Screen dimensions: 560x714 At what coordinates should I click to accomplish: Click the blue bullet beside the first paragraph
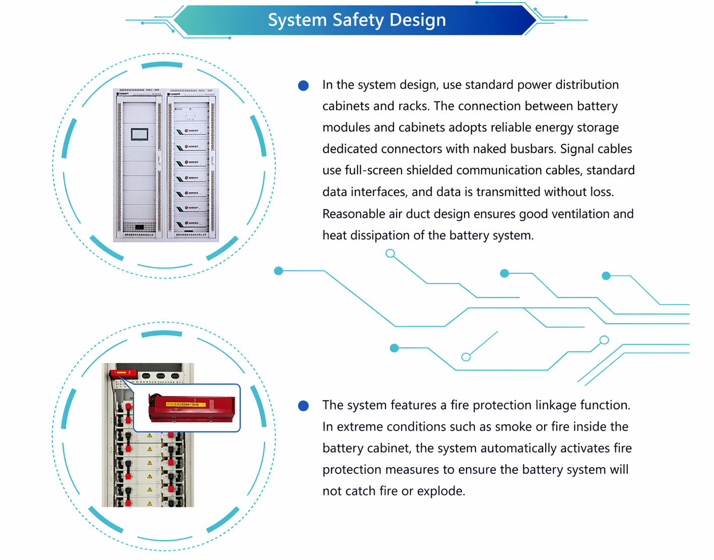(x=303, y=86)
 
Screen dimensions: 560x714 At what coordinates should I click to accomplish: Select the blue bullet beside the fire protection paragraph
(x=303, y=406)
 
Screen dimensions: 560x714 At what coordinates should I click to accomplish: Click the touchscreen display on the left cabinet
(x=140, y=134)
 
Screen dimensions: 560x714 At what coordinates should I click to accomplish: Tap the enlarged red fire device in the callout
(x=191, y=408)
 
